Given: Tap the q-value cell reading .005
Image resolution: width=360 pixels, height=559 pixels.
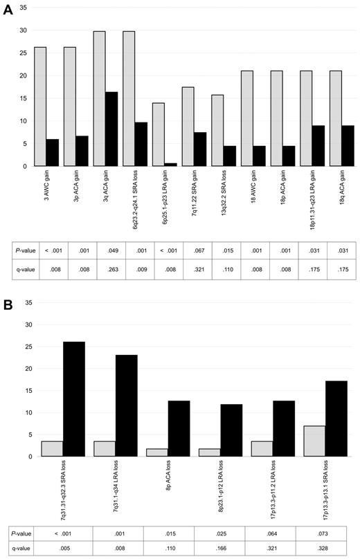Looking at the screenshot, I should (x=63, y=547).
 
